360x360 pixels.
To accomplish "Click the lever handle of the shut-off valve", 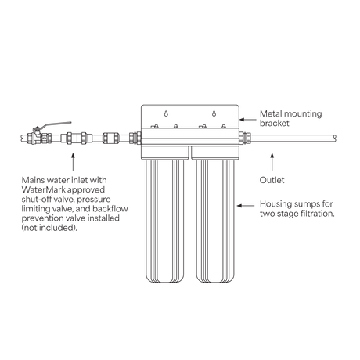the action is pyautogui.click(x=57, y=124).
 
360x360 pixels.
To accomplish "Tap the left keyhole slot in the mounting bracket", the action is pyautogui.click(x=166, y=113).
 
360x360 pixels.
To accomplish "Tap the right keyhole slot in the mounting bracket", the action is pyautogui.click(x=214, y=113).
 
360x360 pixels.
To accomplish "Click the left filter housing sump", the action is pyautogui.click(x=165, y=221).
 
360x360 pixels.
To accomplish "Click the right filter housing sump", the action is pyautogui.click(x=215, y=221).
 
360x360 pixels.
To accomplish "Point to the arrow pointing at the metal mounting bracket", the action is pyautogui.click(x=248, y=120).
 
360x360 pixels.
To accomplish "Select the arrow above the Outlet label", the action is pyautogui.click(x=272, y=162).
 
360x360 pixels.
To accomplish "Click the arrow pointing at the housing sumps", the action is pyautogui.click(x=246, y=206).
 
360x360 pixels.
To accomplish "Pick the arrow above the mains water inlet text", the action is pyautogui.click(x=73, y=162).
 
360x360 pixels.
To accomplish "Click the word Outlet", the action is pyautogui.click(x=272, y=180).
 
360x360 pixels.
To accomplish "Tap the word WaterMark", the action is pyautogui.click(x=44, y=189).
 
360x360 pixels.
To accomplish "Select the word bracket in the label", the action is pyautogui.click(x=275, y=123).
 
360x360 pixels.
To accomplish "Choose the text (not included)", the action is pyautogui.click(x=49, y=228).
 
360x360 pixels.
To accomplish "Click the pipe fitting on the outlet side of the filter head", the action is pyautogui.click(x=245, y=138).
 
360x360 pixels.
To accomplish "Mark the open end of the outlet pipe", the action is pyautogui.click(x=336, y=139).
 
